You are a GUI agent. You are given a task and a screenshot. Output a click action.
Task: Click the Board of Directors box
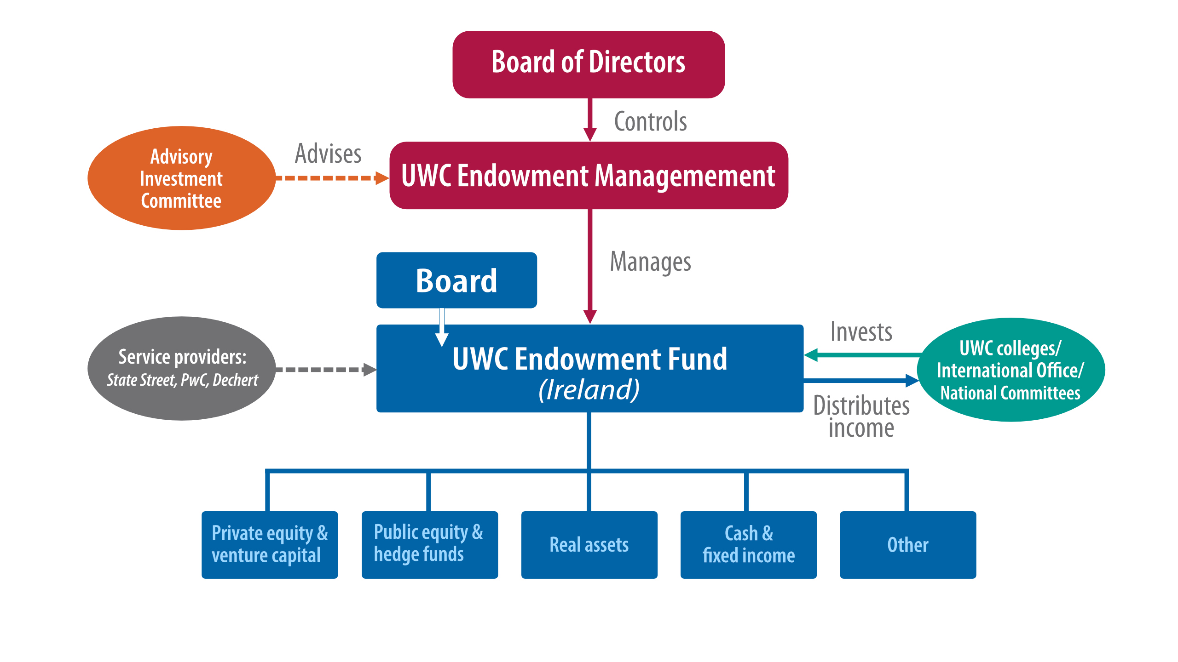click(x=589, y=64)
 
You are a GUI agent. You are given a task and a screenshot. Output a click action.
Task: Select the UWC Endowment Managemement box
click(x=589, y=176)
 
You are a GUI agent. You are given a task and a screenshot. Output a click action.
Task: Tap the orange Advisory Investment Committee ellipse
click(x=181, y=178)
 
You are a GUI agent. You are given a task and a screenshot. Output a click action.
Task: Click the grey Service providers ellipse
click(x=181, y=368)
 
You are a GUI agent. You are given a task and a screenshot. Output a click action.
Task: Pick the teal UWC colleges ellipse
click(x=1011, y=370)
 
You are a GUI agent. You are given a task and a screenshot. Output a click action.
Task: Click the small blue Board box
click(x=456, y=280)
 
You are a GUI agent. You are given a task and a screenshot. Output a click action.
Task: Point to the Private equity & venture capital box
click(x=270, y=545)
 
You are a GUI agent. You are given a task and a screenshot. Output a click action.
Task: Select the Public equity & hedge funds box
click(x=430, y=545)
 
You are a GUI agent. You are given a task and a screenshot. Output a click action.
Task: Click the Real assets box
click(x=589, y=545)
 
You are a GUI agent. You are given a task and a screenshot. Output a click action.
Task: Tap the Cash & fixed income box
click(x=749, y=545)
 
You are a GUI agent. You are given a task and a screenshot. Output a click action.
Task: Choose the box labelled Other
click(x=908, y=545)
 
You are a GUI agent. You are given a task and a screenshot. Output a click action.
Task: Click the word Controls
click(x=650, y=122)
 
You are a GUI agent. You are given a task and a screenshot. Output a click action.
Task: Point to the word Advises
click(x=328, y=154)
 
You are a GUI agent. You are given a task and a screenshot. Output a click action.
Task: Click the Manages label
click(x=650, y=262)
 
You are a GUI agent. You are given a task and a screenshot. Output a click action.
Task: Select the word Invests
click(x=861, y=332)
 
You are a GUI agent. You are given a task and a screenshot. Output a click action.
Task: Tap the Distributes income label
click(x=861, y=417)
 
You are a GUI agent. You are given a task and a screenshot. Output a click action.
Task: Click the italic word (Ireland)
click(x=589, y=390)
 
